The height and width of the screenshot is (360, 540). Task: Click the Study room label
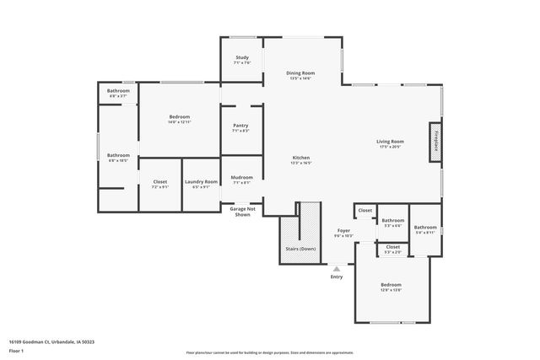[241, 57]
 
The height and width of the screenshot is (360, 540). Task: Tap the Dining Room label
[301, 73]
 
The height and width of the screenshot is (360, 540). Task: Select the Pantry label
[240, 126]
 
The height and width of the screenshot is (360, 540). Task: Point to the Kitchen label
[301, 159]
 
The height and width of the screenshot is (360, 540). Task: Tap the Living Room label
[390, 142]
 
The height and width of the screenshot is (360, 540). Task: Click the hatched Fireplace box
[435, 142]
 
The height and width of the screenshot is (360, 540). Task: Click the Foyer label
[343, 230]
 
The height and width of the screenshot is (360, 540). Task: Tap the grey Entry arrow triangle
[337, 269]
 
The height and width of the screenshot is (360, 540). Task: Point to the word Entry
[337, 277]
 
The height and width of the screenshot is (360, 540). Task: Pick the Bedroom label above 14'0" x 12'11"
[179, 116]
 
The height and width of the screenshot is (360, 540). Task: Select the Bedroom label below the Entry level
[390, 285]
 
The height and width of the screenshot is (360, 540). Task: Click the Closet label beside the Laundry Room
[159, 181]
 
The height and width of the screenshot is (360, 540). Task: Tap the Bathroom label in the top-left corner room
[118, 90]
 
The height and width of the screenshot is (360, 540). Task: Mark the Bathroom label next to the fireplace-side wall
[425, 227]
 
